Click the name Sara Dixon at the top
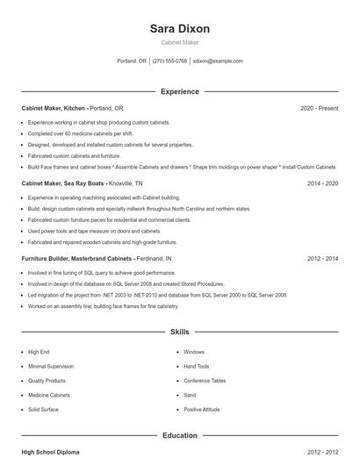(x=180, y=28)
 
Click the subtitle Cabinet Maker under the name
(x=180, y=42)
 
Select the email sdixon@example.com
(x=218, y=61)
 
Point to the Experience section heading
(x=180, y=91)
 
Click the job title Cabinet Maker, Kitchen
(x=54, y=108)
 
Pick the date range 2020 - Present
(x=319, y=108)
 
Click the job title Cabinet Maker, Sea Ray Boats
(x=62, y=183)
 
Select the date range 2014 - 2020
(x=323, y=183)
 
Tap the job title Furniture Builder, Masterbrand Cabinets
(x=77, y=259)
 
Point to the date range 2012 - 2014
(x=323, y=259)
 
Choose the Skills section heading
(x=180, y=333)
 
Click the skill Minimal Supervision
(x=50, y=366)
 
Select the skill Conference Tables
(x=205, y=381)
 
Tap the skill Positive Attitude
(x=202, y=410)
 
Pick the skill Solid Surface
(x=43, y=410)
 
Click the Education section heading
(x=180, y=435)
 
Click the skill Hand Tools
(x=197, y=366)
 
